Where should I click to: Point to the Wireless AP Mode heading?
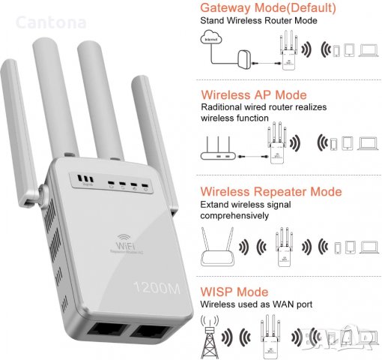point(252,94)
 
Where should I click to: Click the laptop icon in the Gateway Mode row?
point(369,52)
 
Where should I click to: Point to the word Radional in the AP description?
point(222,108)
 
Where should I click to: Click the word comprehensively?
point(234,215)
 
